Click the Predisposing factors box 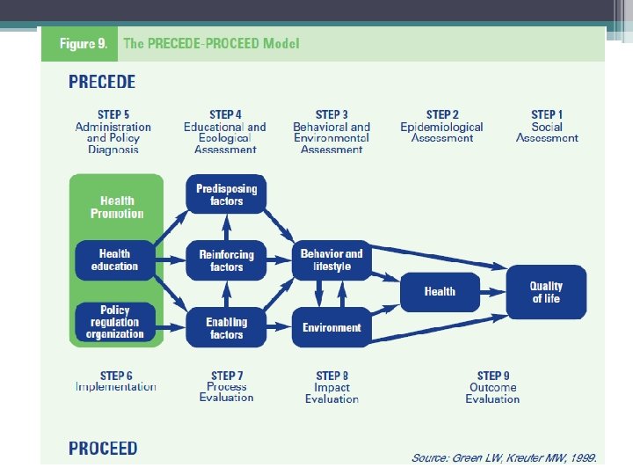tap(226, 194)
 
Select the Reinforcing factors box tap(226, 260)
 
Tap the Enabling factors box tap(226, 328)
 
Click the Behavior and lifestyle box tap(331, 259)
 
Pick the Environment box tap(331, 327)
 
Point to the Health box tap(440, 291)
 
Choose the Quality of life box tap(546, 292)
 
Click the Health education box tap(114, 260)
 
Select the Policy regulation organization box tap(114, 322)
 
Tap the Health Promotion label tap(116, 207)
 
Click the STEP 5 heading tap(113, 114)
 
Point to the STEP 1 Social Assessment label tap(547, 126)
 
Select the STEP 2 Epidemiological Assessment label tap(442, 126)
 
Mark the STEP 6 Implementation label tap(116, 381)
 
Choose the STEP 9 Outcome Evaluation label tap(492, 387)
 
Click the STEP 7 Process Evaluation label tap(226, 386)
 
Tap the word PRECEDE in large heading tap(102, 82)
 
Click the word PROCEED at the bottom tap(103, 449)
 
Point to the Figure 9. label tap(83, 43)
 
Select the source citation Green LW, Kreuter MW tap(505, 457)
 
